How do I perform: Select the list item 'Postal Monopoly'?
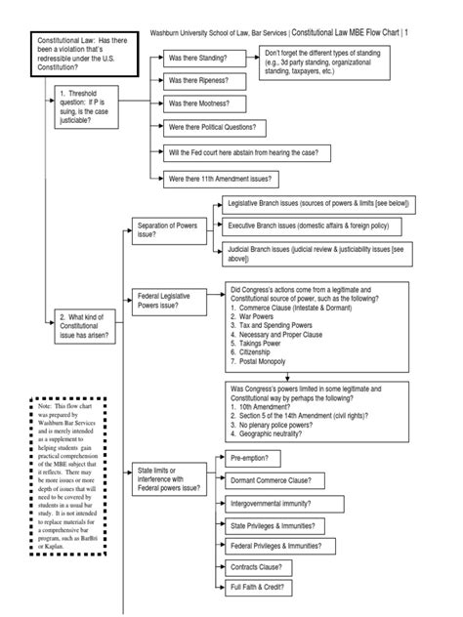pyautogui.click(x=260, y=361)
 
